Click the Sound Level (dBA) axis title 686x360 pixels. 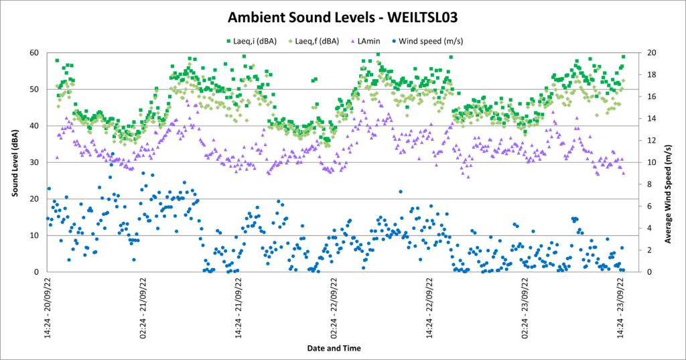click(x=14, y=162)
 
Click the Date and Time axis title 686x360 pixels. click(x=334, y=348)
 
